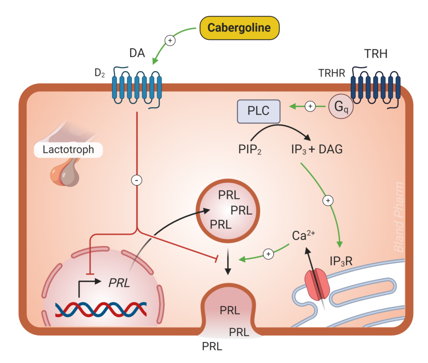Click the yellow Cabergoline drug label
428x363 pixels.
pyautogui.click(x=239, y=28)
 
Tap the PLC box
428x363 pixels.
pyautogui.click(x=259, y=112)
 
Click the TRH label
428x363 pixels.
pyautogui.click(x=375, y=53)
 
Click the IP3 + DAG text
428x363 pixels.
pyautogui.click(x=316, y=149)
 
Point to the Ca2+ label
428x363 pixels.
pyautogui.click(x=303, y=235)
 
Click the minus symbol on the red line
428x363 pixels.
pyautogui.click(x=137, y=180)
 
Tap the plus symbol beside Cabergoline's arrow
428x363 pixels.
pyautogui.click(x=170, y=41)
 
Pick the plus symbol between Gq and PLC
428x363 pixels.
pyautogui.click(x=310, y=107)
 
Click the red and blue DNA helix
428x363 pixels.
pyautogui.click(x=101, y=309)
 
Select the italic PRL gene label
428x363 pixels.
pyautogui.click(x=119, y=283)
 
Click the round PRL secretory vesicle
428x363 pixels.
pyautogui.click(x=229, y=210)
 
